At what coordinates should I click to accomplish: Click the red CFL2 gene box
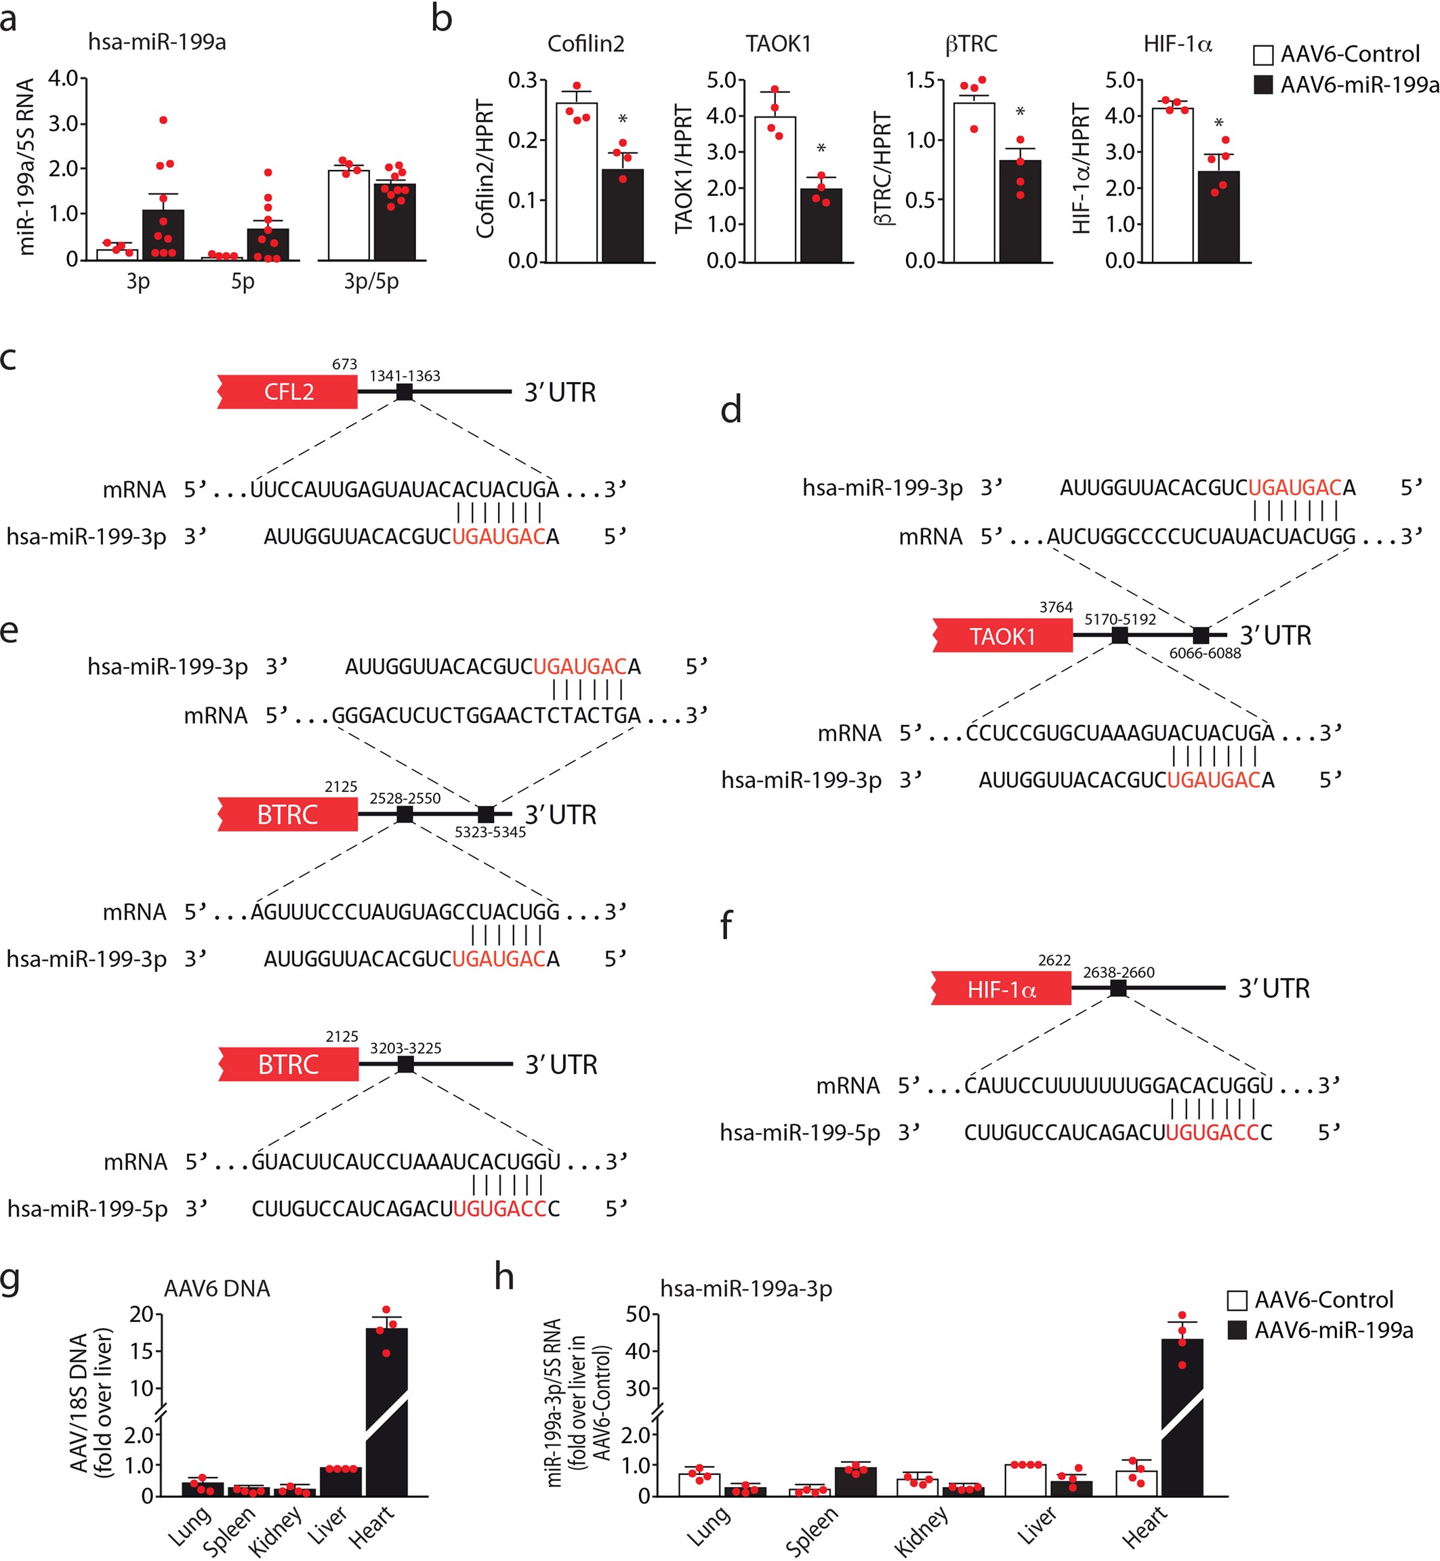pos(287,392)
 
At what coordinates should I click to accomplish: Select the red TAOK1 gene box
pos(1003,636)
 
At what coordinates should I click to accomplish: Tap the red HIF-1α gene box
pos(1002,989)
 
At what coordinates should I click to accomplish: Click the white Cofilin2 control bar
pos(577,183)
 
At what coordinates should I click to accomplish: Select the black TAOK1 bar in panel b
pos(821,225)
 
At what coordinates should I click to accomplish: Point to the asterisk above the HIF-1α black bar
pos(1218,124)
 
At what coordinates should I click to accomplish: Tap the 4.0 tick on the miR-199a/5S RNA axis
pos(62,78)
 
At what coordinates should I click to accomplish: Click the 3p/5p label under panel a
pos(371,281)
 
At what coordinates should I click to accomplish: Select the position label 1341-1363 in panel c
pos(405,376)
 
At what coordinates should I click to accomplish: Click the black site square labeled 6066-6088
pos(1201,635)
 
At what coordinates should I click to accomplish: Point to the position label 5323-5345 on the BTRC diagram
pos(490,832)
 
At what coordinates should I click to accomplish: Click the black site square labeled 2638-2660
pos(1118,988)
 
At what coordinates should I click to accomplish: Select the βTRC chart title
pos(971,43)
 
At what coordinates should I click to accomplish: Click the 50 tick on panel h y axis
pos(638,1315)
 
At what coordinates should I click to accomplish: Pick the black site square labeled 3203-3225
pos(405,1064)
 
